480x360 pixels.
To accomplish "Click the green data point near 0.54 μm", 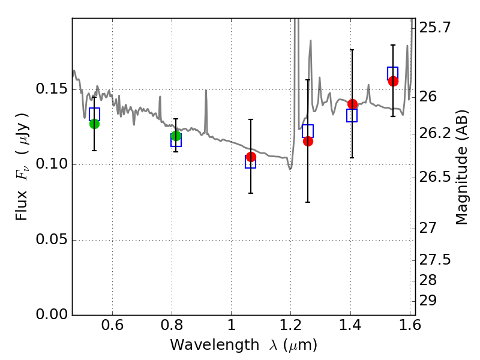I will coord(94,124).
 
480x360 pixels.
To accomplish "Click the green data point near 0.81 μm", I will coord(176,136).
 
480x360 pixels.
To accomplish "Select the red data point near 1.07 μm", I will coord(251,157).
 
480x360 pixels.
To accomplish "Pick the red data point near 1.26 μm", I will coord(308,141).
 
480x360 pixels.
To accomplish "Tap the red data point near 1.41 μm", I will coord(352,104).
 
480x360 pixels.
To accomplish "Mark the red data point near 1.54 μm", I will coord(393,81).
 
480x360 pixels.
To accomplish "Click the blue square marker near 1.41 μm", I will coord(352,116).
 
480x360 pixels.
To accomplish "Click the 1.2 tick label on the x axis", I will coord(290,328).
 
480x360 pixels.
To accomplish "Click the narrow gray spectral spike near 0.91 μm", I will coord(206,105).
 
